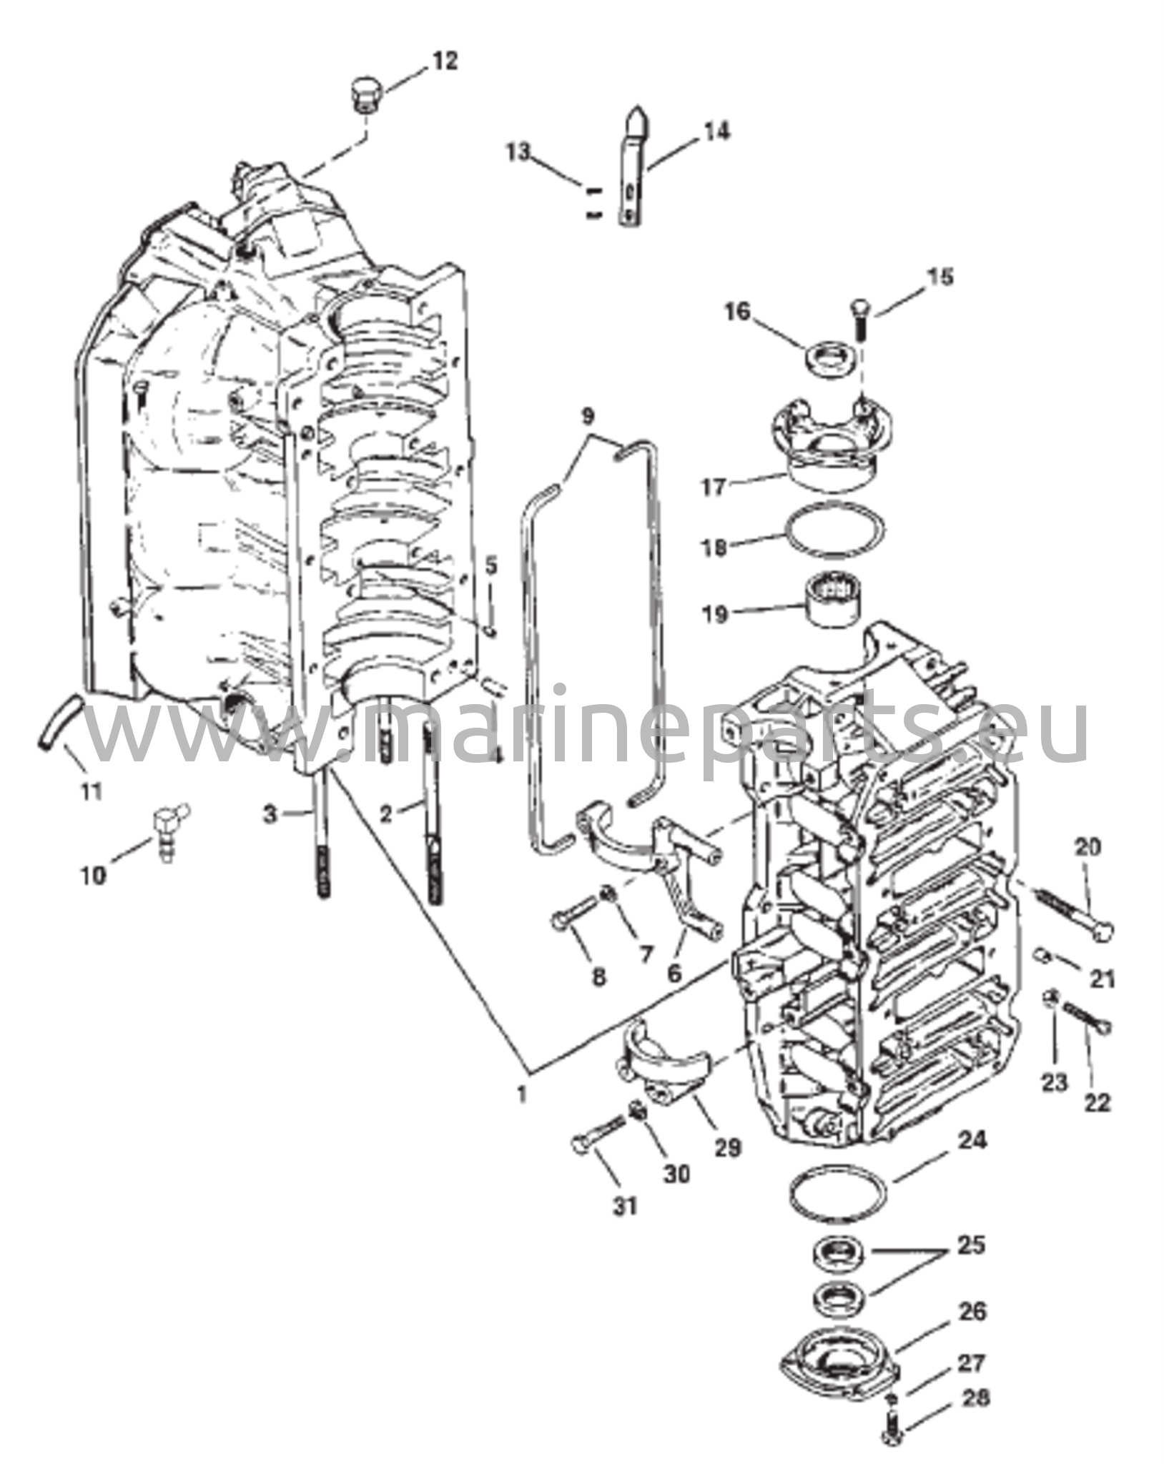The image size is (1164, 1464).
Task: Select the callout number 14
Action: pos(716,132)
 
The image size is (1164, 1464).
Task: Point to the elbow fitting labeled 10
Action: pos(169,829)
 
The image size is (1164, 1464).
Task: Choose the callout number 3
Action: pos(270,813)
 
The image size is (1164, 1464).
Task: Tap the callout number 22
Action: pos(1098,1102)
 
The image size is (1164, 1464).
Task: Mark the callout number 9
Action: pos(587,415)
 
